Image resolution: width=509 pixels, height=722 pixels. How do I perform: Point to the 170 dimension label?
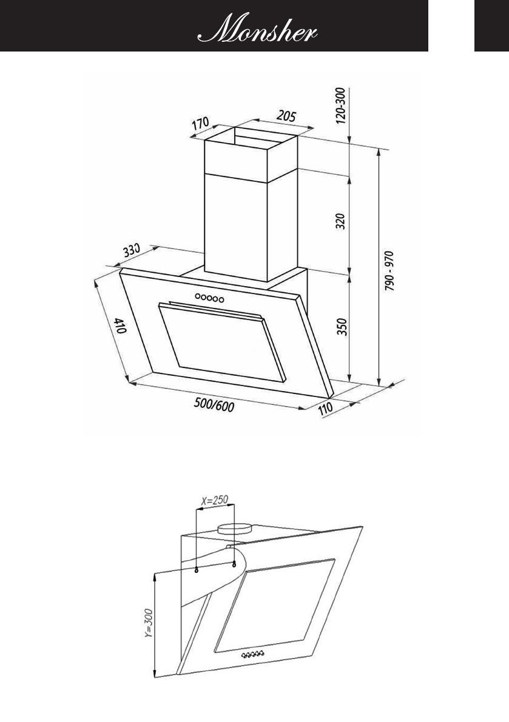coord(201,124)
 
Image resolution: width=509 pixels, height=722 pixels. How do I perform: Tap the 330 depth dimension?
coord(132,251)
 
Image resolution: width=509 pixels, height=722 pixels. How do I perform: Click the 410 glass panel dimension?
coord(118,329)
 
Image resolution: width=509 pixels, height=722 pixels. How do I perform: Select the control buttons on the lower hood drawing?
coord(253,655)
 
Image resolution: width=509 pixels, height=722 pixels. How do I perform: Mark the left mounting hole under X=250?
coord(197,570)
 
